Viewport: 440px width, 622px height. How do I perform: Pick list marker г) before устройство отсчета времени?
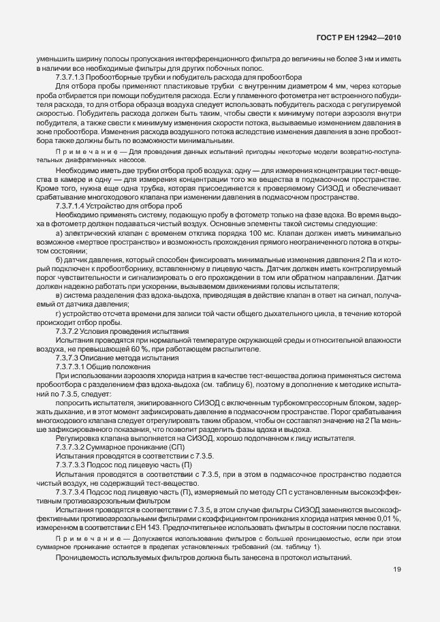coord(60,313)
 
